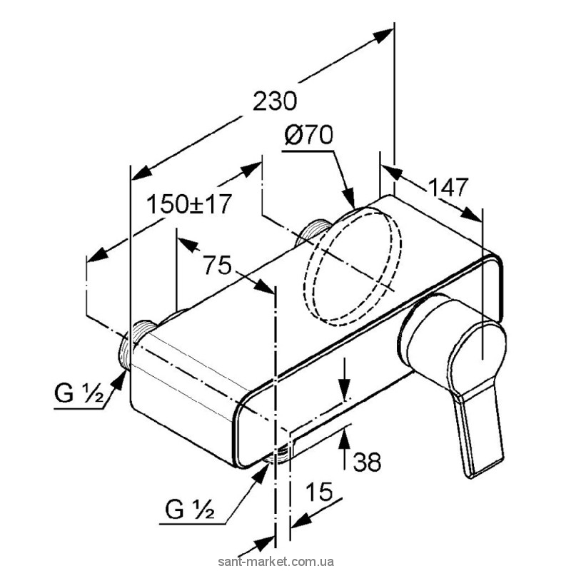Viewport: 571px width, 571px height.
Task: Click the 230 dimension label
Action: [x=275, y=101]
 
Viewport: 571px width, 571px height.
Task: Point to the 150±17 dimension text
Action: [x=189, y=205]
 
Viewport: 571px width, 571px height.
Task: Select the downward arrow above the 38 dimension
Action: [x=345, y=389]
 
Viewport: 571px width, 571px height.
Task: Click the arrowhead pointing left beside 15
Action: [x=300, y=518]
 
